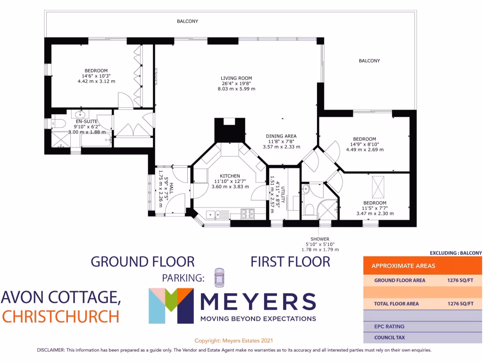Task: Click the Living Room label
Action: (x=237, y=78)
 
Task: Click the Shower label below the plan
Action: (x=320, y=239)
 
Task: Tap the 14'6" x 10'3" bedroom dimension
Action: (x=96, y=76)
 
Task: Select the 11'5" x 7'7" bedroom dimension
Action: (x=375, y=208)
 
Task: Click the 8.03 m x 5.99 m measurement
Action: (x=237, y=89)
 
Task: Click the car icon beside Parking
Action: (x=219, y=277)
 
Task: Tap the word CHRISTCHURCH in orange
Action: (x=60, y=316)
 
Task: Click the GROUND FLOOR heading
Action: (x=142, y=261)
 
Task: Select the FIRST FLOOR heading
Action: (x=290, y=261)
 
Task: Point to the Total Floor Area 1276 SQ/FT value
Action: (x=460, y=303)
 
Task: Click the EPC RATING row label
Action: (x=389, y=326)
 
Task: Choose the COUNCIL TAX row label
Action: (x=390, y=337)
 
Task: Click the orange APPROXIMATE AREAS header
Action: (x=403, y=266)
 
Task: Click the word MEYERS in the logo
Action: (x=258, y=301)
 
